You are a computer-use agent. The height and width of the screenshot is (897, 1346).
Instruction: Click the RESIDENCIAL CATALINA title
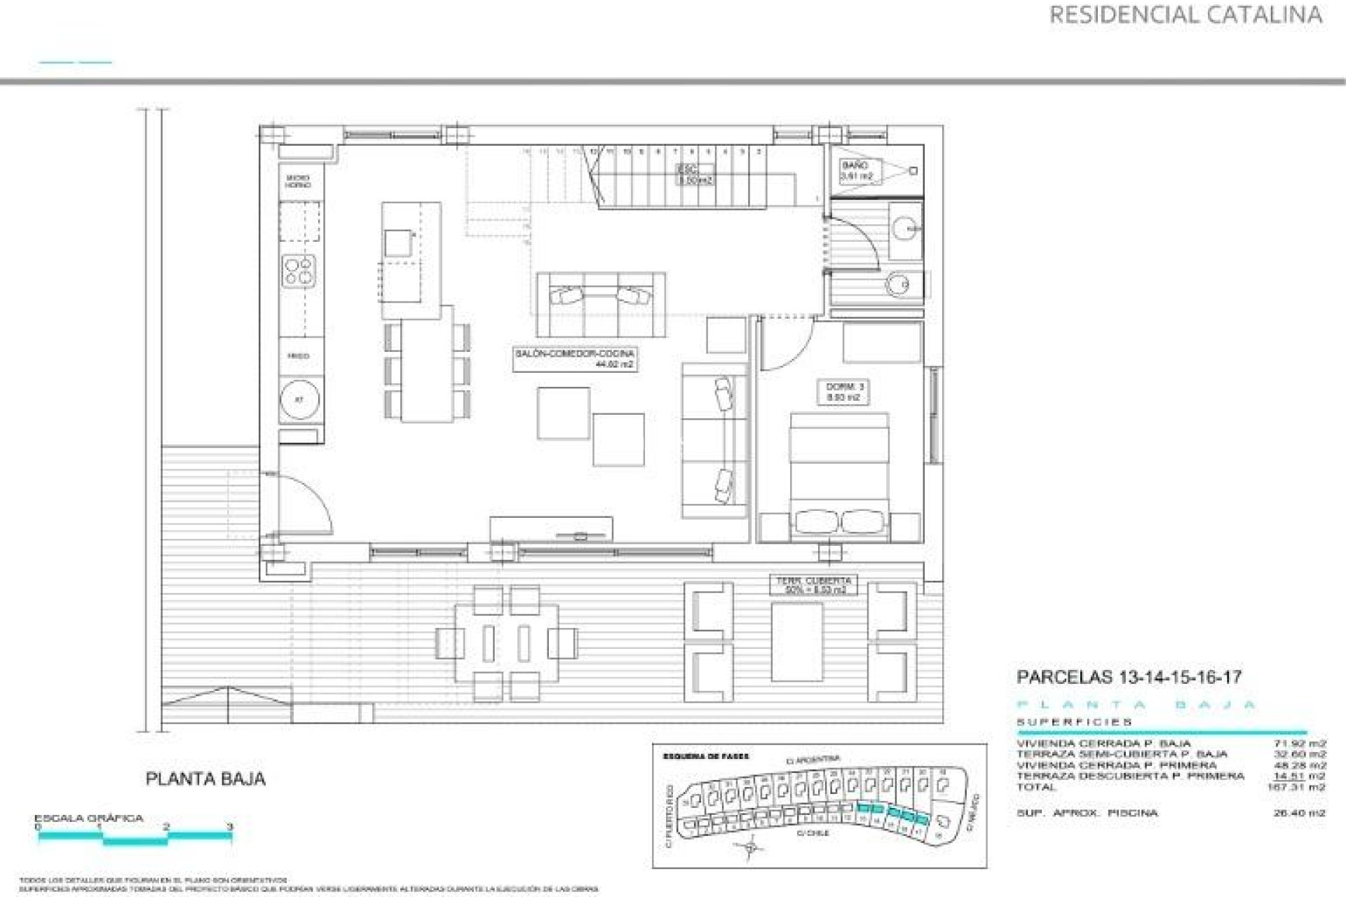tap(1185, 15)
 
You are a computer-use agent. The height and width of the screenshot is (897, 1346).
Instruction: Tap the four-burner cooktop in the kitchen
tap(299, 271)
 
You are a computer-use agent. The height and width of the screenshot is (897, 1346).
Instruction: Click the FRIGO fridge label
tap(299, 356)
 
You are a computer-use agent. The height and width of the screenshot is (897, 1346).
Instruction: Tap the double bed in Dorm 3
tap(839, 477)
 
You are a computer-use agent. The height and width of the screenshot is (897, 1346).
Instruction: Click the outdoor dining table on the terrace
tap(507, 643)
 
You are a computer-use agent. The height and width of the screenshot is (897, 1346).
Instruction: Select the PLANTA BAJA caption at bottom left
tap(205, 779)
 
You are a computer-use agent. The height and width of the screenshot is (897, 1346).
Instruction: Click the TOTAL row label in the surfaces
tap(1036, 787)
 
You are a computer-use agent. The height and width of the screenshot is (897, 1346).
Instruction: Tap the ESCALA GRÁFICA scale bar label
tap(89, 818)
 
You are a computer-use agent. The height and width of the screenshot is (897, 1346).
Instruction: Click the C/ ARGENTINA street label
tap(813, 760)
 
